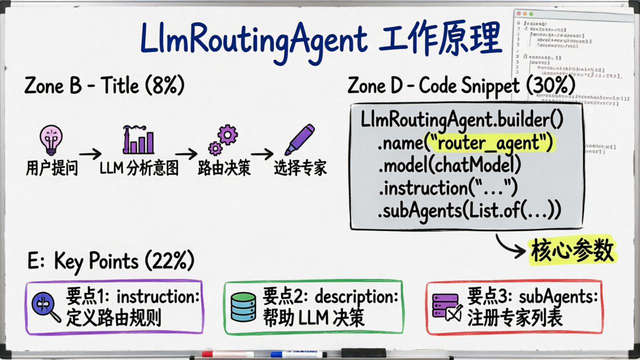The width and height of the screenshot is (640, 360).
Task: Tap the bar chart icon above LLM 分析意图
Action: pyautogui.click(x=138, y=140)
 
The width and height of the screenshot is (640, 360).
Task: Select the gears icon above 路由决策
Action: pyautogui.click(x=223, y=140)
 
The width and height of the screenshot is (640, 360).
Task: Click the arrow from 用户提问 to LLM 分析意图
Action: pyautogui.click(x=90, y=154)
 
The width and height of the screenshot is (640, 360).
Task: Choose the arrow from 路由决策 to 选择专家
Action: pyautogui.click(x=262, y=154)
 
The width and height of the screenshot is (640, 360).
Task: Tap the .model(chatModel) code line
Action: pyautogui.click(x=449, y=165)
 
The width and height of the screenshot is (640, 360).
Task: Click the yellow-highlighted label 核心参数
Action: pyautogui.click(x=573, y=251)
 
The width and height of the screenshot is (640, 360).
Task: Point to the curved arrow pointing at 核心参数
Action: pyautogui.click(x=510, y=246)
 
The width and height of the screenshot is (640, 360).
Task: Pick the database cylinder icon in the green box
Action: pyautogui.click(x=243, y=306)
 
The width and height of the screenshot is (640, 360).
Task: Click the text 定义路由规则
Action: pyautogui.click(x=114, y=318)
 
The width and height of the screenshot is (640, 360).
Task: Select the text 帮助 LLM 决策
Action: pyautogui.click(x=314, y=318)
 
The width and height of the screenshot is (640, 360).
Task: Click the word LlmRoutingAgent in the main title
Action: pyautogui.click(x=253, y=38)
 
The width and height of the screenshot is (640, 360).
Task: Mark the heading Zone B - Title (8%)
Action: pyautogui.click(x=104, y=86)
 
